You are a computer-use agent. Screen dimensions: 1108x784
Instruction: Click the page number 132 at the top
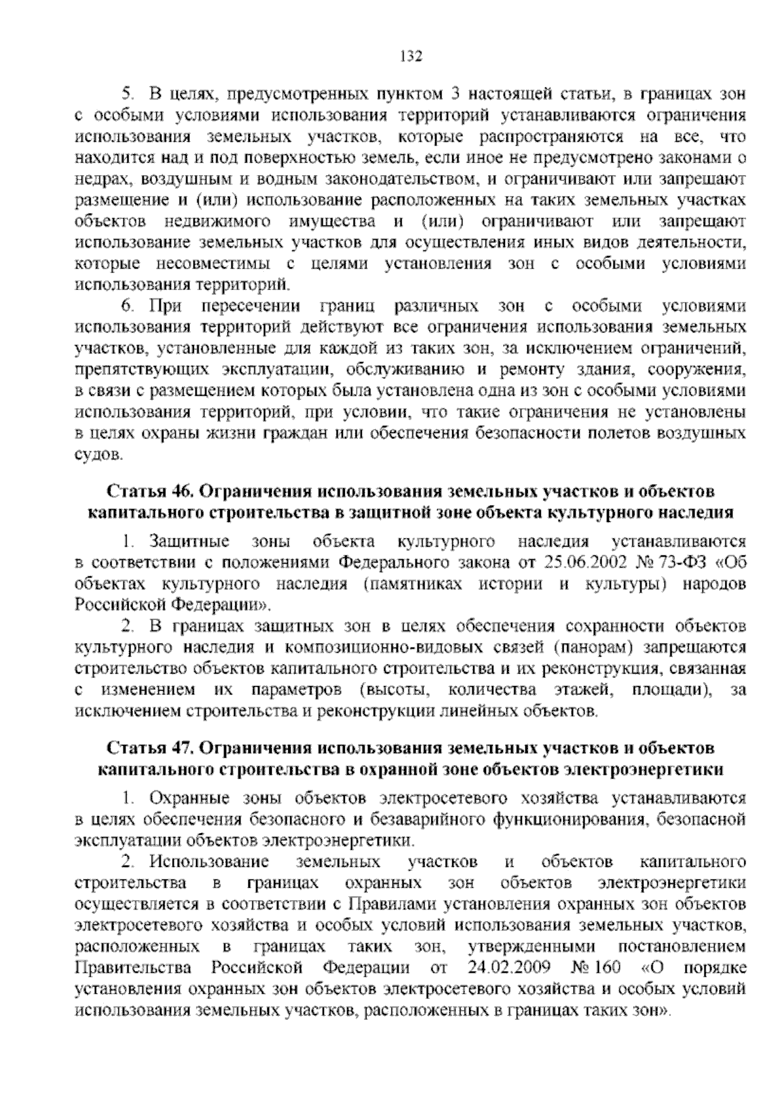(x=412, y=56)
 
